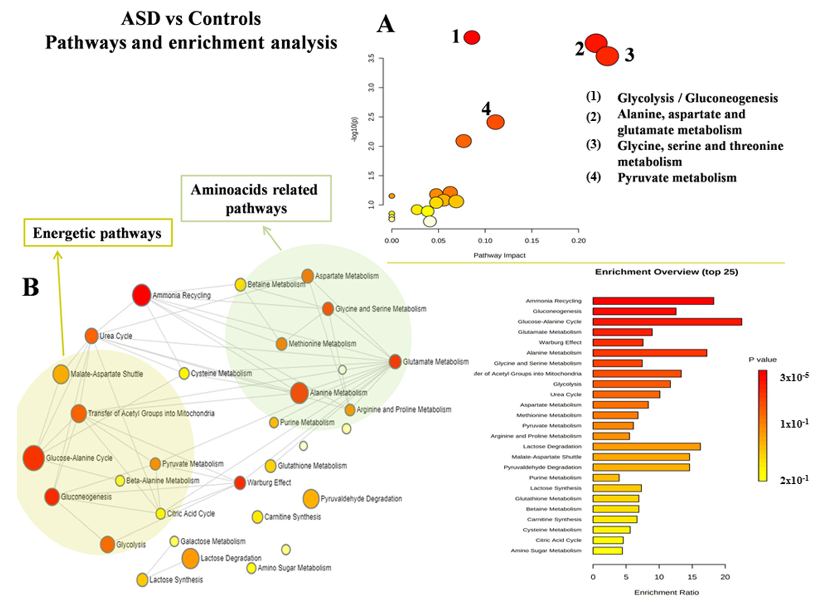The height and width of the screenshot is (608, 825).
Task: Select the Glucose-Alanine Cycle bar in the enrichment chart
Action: coord(667,322)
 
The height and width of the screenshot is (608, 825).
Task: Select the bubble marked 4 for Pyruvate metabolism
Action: coord(495,122)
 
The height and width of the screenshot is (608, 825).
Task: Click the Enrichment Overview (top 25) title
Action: coord(666,272)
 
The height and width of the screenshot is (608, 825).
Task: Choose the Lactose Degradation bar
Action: coord(646,446)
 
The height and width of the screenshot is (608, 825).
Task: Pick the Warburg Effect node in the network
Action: coord(240,482)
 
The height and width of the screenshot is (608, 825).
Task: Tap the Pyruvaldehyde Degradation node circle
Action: coord(311,499)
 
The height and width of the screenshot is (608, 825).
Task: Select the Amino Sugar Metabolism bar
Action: coord(607,551)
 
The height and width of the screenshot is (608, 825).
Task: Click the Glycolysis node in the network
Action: coord(107,544)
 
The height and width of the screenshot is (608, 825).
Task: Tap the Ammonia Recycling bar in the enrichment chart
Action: coord(653,301)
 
